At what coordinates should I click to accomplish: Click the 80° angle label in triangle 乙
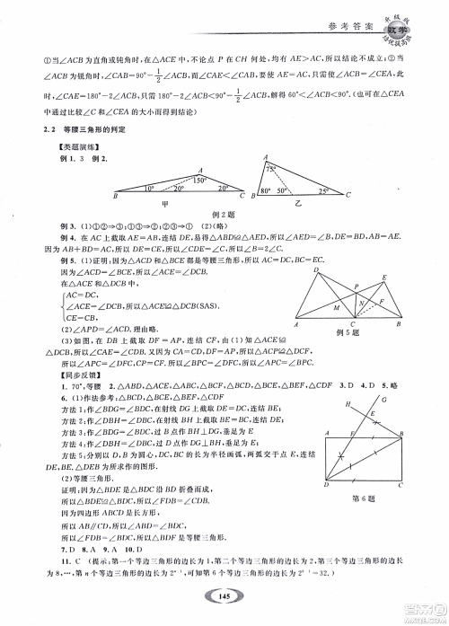[x=265, y=192]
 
